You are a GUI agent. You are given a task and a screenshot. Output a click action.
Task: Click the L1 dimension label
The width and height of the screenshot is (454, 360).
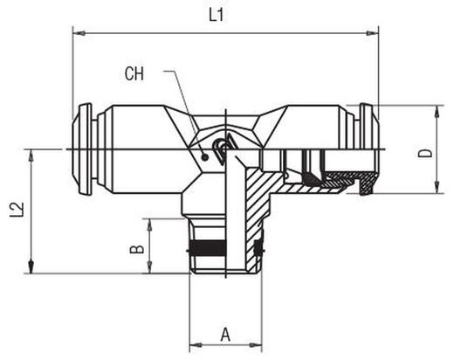[x=217, y=15]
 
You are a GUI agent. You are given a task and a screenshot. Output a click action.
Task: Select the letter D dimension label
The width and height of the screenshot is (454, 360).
[x=425, y=154]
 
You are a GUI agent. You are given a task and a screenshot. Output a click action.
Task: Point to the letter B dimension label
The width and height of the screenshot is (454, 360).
[x=136, y=250]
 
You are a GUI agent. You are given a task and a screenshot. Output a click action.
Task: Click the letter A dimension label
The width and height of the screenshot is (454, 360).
[x=225, y=335]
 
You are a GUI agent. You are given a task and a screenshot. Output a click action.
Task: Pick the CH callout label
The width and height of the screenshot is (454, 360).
[x=134, y=74]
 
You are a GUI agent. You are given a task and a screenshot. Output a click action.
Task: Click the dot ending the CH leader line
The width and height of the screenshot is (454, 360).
[x=205, y=157]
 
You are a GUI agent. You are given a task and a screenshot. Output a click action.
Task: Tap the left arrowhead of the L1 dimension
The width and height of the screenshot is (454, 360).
[x=79, y=33]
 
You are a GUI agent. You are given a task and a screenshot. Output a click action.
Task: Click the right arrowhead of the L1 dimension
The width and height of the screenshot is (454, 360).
[x=373, y=33]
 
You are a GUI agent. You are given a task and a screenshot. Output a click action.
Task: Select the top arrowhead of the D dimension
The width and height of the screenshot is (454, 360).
[x=437, y=112]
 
